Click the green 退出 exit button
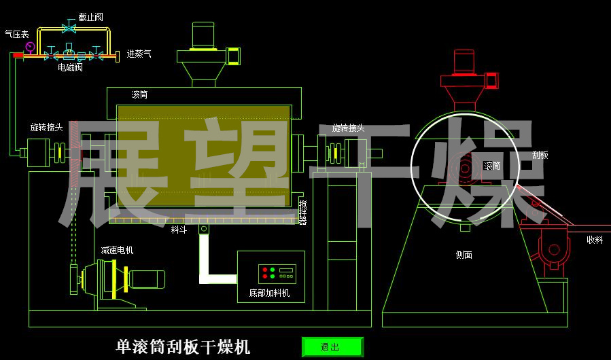pos(332,347)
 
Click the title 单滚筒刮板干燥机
pos(184,347)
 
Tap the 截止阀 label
pos(90,17)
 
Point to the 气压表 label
pos(16,33)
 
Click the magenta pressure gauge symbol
pos(30,47)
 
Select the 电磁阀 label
pos(70,67)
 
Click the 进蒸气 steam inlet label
pos(139,53)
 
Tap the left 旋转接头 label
pos(46,127)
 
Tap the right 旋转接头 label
pos(348,128)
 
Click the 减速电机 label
pos(117,250)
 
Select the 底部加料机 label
pos(270,293)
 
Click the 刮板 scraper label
pos(540,155)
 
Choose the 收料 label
pos(595,239)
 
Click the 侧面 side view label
pos(464,255)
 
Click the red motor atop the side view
pos(464,62)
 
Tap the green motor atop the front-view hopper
pos(203,36)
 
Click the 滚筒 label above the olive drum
pos(139,94)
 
